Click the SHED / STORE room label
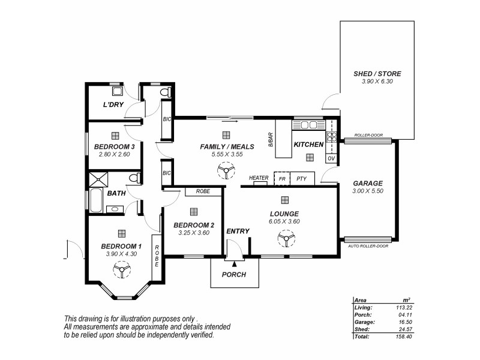point(377,74)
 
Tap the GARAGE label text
point(368,183)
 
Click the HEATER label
point(259,178)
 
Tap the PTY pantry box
point(301,179)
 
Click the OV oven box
point(331,158)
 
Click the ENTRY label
point(238,231)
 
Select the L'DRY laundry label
point(113,105)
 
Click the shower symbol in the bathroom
point(97,178)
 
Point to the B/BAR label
point(271,139)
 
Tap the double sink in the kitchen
point(309,125)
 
